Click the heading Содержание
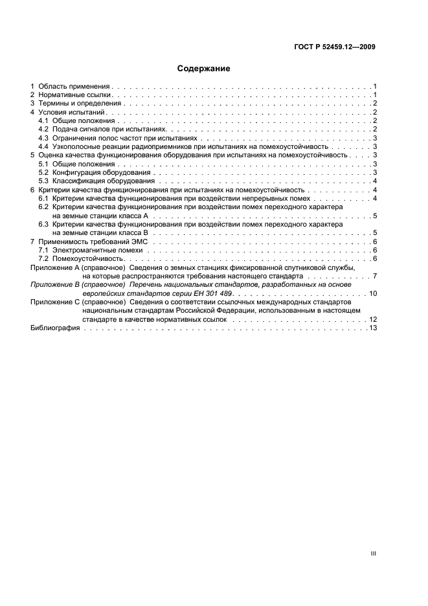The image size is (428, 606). (x=203, y=68)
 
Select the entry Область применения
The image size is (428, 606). (x=74, y=86)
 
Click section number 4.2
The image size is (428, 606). (x=43, y=129)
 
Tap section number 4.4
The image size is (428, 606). (x=43, y=146)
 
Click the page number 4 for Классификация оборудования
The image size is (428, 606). (x=375, y=181)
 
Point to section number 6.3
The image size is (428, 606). (x=43, y=223)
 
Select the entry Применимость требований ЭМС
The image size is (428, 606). (x=93, y=241)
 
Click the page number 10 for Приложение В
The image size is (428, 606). (x=373, y=293)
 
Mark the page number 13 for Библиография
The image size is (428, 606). (x=373, y=328)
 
